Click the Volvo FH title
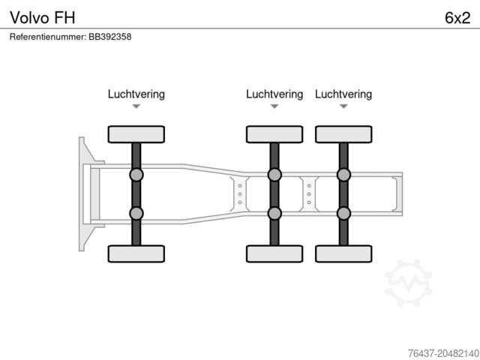click(43, 18)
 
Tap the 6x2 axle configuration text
click(457, 18)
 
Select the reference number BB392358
click(110, 37)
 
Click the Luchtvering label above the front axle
click(136, 94)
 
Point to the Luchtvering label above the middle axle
click(274, 94)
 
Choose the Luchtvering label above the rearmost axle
click(343, 94)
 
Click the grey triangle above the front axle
click(136, 106)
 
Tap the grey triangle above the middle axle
click(274, 106)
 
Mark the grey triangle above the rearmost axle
click(343, 106)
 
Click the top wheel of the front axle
click(136, 134)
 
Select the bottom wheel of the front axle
click(136, 253)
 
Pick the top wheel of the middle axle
click(274, 134)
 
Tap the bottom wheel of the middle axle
click(274, 253)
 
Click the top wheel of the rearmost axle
click(343, 134)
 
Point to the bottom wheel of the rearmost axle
click(343, 253)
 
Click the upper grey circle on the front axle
click(136, 175)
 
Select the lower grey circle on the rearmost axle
click(343, 213)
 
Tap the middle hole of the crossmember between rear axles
click(309, 194)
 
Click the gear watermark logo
click(408, 283)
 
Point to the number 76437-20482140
click(443, 353)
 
